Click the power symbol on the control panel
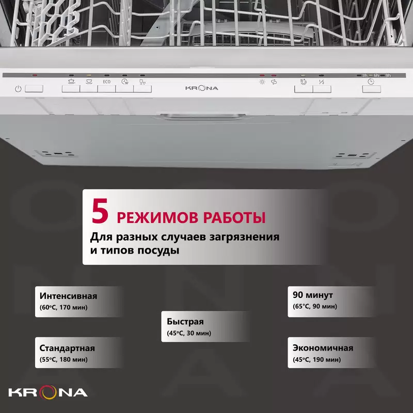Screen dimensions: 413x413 click(18, 89)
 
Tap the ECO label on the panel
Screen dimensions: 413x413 click(107, 82)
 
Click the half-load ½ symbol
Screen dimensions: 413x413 click(321, 82)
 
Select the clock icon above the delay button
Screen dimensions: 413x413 click(371, 82)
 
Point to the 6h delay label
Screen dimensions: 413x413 click(376, 75)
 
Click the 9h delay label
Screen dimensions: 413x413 click(388, 75)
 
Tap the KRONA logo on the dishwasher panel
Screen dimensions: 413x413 click(202, 88)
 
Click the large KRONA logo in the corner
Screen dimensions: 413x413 click(48, 392)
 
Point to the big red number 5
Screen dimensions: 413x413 click(100, 211)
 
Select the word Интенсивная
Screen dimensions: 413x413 click(69, 296)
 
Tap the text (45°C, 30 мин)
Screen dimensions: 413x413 click(189, 333)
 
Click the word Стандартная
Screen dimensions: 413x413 click(67, 348)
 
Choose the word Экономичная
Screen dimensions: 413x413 click(323, 347)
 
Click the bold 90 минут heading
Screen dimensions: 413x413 click(313, 295)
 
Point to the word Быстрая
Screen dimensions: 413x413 click(185, 322)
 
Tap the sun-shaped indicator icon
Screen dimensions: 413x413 click(262, 82)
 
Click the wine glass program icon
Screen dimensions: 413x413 click(142, 82)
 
